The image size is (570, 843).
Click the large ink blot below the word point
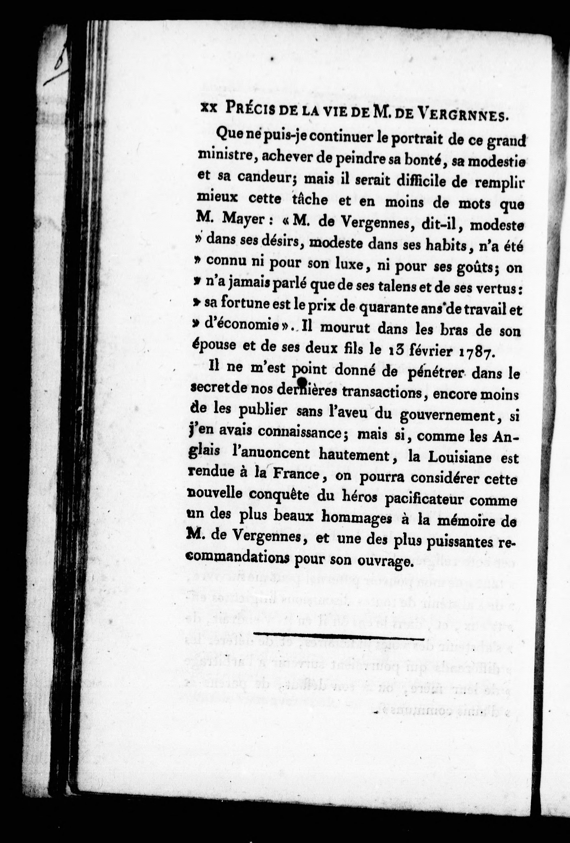(302, 381)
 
